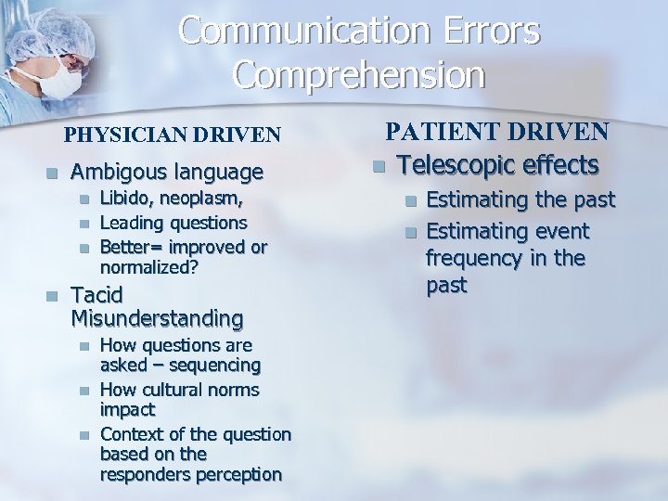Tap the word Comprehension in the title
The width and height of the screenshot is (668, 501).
(359, 75)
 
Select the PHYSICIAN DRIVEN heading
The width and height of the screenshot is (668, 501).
(172, 135)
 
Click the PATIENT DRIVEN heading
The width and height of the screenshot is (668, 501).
(497, 132)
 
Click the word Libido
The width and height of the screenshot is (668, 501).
(124, 198)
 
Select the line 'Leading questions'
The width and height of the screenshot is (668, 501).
(173, 223)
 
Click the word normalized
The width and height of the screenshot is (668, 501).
(149, 265)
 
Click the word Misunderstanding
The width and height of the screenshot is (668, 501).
(157, 319)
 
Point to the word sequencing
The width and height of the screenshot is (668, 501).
(216, 366)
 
